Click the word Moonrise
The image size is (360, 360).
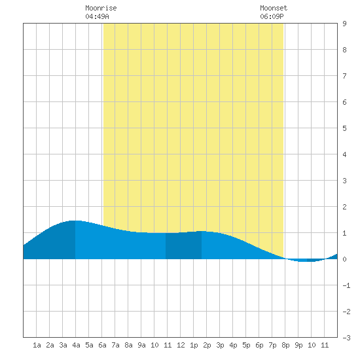coord(101,8)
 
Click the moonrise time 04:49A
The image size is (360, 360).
coord(97,16)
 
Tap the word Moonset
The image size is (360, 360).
coord(274,8)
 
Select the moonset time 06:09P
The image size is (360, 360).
coord(272,16)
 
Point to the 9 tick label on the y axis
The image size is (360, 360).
coord(344,24)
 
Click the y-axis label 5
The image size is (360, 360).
coord(344,128)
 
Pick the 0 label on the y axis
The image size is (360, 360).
coord(344,259)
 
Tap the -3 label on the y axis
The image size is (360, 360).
coord(346,338)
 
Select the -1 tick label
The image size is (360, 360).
coord(346,285)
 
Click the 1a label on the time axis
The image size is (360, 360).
coord(37,345)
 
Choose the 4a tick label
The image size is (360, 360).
coord(76,345)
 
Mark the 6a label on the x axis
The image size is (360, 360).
coord(102,345)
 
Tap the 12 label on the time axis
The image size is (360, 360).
coord(181,345)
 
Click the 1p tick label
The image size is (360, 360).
coord(194,345)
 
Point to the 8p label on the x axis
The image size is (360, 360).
coord(285,345)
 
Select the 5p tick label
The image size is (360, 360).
coord(246,345)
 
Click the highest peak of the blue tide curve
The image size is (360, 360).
coord(75,221)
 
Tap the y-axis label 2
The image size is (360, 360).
coord(344,207)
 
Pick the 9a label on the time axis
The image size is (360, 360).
coord(141,345)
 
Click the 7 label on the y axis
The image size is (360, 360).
coord(344,76)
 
